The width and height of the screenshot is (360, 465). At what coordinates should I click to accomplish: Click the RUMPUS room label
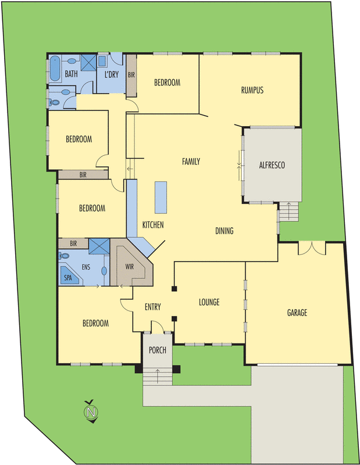(252, 90)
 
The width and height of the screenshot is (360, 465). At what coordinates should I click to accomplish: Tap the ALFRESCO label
(272, 165)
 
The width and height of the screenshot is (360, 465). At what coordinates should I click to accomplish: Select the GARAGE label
(297, 313)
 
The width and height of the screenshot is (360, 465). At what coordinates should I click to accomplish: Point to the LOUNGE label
(209, 302)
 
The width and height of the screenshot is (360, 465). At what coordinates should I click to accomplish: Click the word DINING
(224, 231)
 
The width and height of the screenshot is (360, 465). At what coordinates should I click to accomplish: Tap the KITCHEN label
(153, 224)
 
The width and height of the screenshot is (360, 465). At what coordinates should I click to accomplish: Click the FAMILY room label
(191, 162)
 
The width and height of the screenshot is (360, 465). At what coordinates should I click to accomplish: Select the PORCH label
(158, 350)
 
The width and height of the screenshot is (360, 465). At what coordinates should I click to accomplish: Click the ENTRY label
(152, 307)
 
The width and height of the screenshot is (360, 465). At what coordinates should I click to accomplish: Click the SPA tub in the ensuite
(69, 277)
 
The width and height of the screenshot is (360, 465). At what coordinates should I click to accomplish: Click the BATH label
(71, 74)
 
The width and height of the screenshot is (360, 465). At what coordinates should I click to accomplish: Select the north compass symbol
(90, 412)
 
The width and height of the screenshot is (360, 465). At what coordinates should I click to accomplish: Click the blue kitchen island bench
(161, 196)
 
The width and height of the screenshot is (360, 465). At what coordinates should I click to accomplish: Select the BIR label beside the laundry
(131, 75)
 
